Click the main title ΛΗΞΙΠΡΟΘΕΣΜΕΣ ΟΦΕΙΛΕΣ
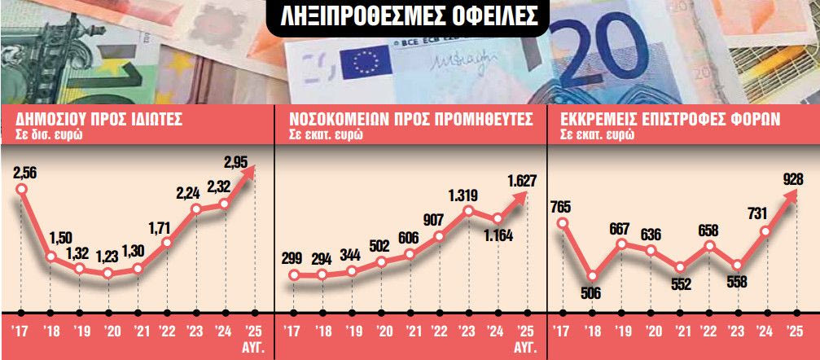pos(409,17)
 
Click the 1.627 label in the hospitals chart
pos(521,181)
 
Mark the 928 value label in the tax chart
pos(787,180)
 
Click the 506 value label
pos(592,294)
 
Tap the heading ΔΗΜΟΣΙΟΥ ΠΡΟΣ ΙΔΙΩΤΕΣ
pos(99,120)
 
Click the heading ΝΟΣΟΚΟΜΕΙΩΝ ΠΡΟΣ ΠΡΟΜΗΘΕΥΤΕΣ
pos(411,120)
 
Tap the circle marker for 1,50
pos(50,257)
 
